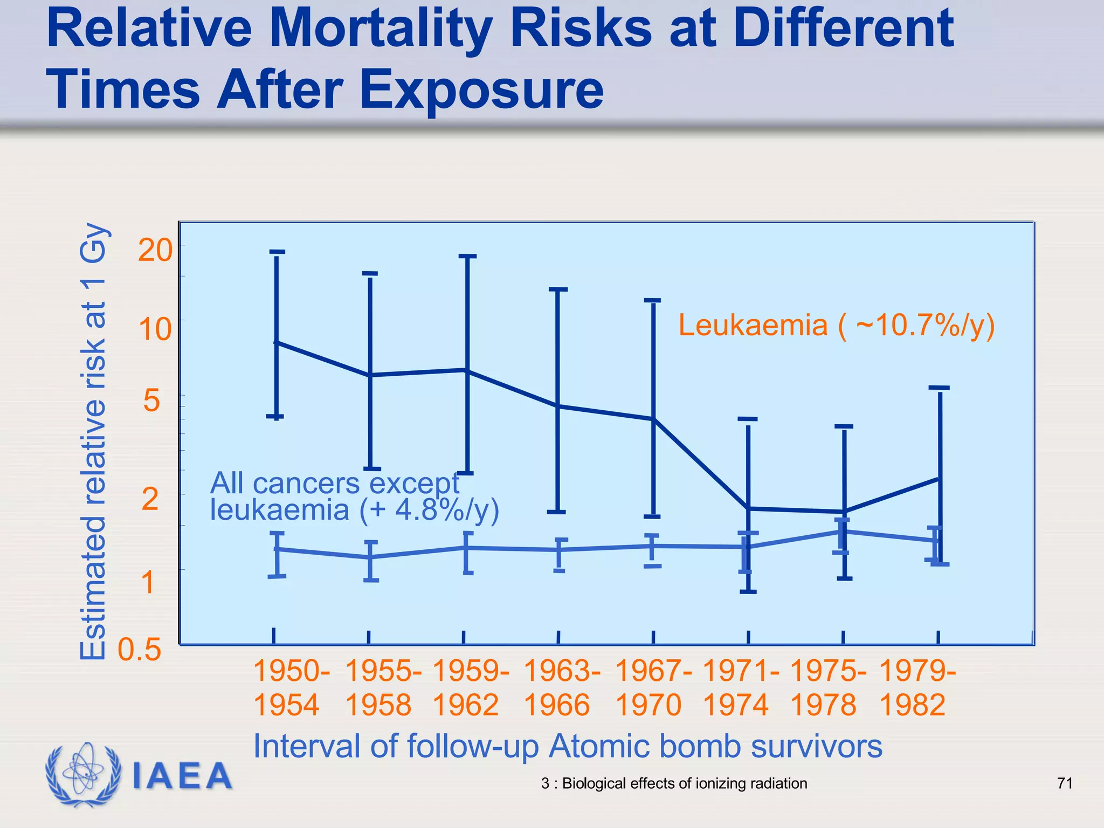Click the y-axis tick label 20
[x=155, y=251]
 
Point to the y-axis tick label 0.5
[x=140, y=650]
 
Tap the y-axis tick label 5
[x=151, y=401]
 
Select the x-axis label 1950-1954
[x=291, y=688]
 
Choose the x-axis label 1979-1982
[x=917, y=688]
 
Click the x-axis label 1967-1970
[x=653, y=688]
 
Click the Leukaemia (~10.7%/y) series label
[x=836, y=326]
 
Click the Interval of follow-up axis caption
[x=568, y=747]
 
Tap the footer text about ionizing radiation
[x=674, y=783]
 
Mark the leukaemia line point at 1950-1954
[x=276, y=342]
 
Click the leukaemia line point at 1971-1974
[x=748, y=508]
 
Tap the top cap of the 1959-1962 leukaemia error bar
[x=467, y=257]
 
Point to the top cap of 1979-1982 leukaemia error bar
[x=940, y=388]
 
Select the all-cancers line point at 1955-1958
[x=371, y=557]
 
